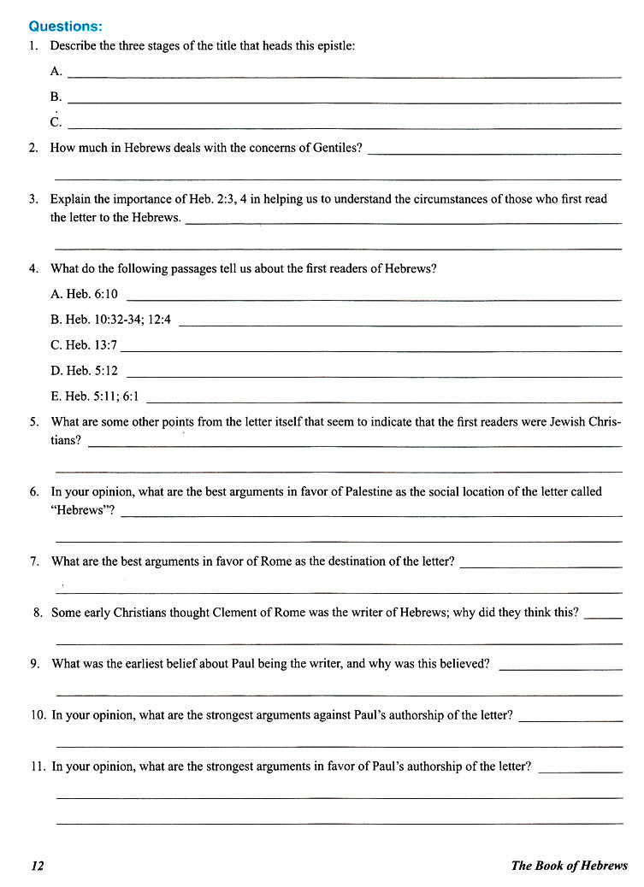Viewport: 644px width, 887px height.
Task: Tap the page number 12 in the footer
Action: (37, 866)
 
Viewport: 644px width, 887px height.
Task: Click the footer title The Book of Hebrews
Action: (569, 866)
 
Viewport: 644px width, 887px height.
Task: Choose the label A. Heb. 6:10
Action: (84, 294)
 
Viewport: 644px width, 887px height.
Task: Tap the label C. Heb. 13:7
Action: (84, 345)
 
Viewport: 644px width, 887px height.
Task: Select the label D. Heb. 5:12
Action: (84, 371)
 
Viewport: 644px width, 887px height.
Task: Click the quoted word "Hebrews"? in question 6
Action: (83, 510)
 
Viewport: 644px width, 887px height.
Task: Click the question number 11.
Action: (37, 767)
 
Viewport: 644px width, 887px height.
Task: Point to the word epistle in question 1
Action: (334, 45)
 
